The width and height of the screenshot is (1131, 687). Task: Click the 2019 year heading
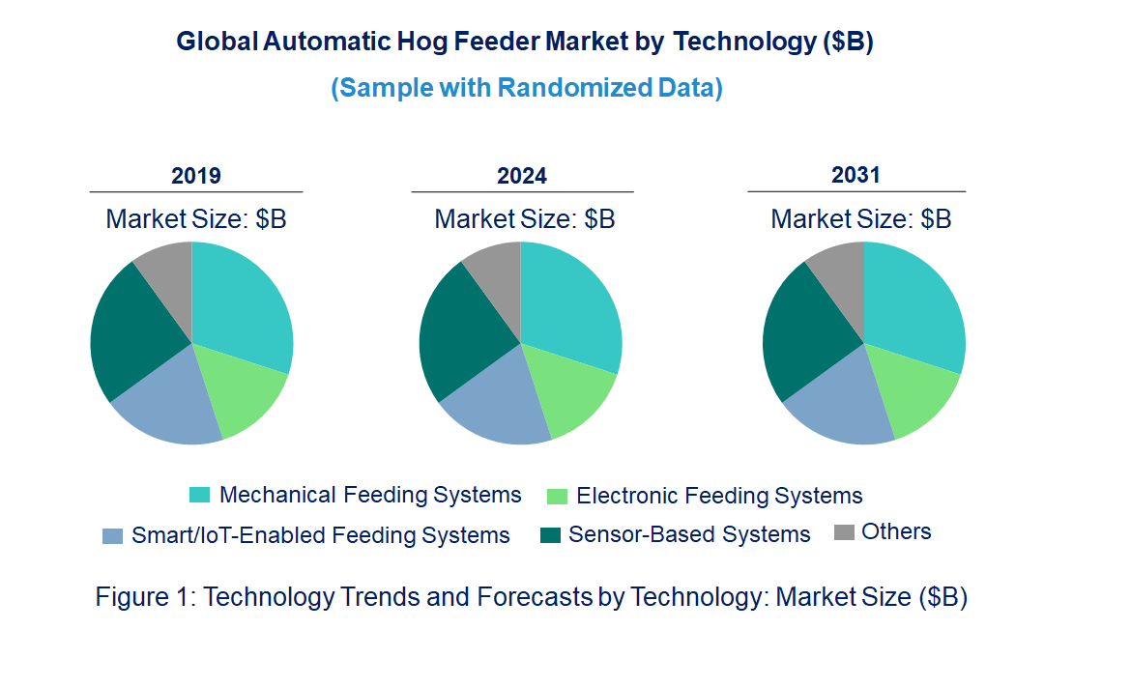pyautogui.click(x=195, y=176)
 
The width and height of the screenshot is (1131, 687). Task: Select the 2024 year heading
pyautogui.click(x=522, y=176)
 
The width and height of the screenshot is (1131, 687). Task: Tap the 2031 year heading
pyautogui.click(x=856, y=175)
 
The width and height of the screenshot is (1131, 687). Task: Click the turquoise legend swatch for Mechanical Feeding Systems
pyautogui.click(x=199, y=496)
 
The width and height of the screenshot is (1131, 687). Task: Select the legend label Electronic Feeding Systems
pyautogui.click(x=718, y=497)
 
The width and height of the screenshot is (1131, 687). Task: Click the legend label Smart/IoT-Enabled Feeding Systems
pyautogui.click(x=320, y=535)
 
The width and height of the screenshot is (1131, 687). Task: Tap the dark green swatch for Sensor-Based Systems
pyautogui.click(x=549, y=534)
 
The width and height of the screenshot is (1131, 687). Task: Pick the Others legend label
pyautogui.click(x=896, y=531)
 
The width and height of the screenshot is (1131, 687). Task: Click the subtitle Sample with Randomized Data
pyautogui.click(x=527, y=88)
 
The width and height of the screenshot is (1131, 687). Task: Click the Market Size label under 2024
pyautogui.click(x=524, y=218)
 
